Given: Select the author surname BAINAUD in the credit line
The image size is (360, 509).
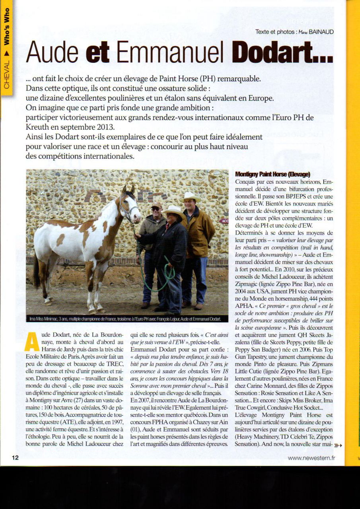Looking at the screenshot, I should coord(321,32).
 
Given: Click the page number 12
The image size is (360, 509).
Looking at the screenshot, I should coord(15,458).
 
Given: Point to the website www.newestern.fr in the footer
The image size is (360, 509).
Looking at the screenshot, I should coord(311,458).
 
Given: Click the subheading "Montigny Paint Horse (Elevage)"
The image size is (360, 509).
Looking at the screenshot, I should coord(272,174).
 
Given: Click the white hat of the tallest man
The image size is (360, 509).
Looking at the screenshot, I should coord(191,196).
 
